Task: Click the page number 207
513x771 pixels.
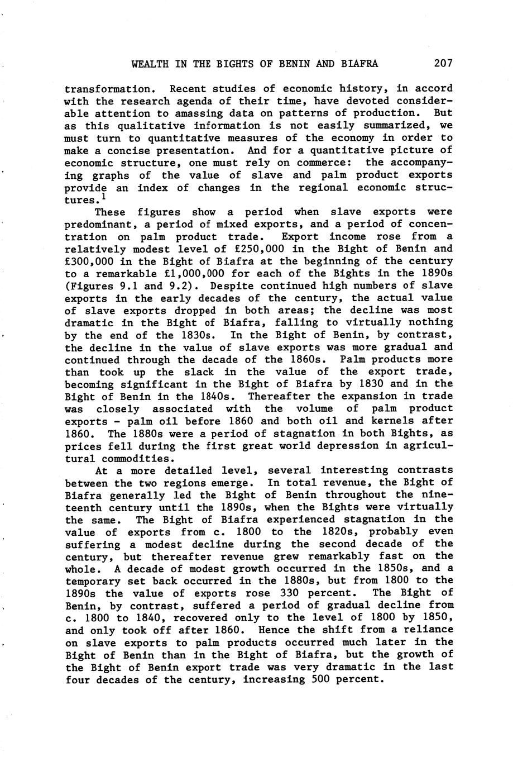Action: pyautogui.click(x=443, y=63)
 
